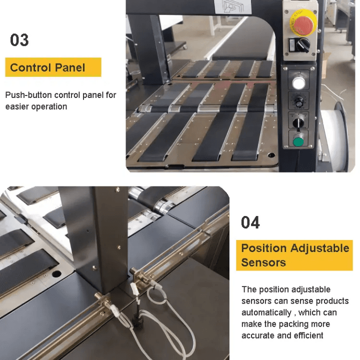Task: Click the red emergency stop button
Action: (x=303, y=24)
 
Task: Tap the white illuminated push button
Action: (x=298, y=83)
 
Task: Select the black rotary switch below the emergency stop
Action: (x=303, y=45)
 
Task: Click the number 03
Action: (x=19, y=40)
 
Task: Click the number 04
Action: (x=250, y=222)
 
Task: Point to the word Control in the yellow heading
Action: (x=30, y=67)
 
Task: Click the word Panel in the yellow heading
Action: (x=70, y=67)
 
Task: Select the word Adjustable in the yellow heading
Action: (x=319, y=248)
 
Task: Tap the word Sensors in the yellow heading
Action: (x=263, y=262)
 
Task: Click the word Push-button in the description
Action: (x=28, y=95)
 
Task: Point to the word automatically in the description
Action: (x=266, y=312)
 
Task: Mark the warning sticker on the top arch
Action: (x=233, y=6)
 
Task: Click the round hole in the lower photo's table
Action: (x=56, y=273)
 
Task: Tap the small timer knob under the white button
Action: (x=298, y=101)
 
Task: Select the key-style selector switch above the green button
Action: (x=298, y=123)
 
